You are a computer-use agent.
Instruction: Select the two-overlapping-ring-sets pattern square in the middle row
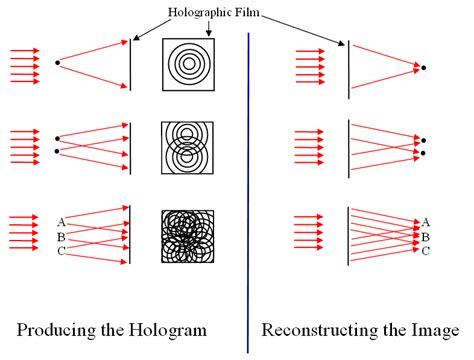tap(187, 150)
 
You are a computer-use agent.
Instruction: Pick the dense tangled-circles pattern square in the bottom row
tap(187, 238)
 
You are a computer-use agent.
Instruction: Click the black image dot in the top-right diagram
tap(425, 67)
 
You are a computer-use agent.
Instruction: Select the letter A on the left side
tap(62, 221)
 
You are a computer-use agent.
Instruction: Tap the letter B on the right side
tap(426, 237)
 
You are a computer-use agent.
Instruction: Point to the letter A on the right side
tap(426, 222)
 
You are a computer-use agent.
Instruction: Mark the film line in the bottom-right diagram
tap(347, 237)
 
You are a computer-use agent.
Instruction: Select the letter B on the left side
tap(62, 236)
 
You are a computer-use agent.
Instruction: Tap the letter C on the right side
tap(426, 251)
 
